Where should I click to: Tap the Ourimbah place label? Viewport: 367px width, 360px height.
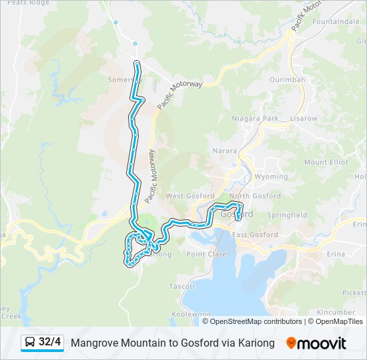288,79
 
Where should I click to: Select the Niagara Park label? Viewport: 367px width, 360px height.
254,118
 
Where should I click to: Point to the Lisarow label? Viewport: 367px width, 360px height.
304,118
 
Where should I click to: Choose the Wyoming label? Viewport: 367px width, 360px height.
272,177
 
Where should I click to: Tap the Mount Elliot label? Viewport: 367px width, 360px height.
326,162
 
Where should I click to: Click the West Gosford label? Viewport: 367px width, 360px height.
190,196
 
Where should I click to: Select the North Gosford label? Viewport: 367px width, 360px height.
255,196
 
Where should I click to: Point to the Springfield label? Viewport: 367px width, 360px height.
287,215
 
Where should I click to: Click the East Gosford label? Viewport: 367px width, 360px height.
255,235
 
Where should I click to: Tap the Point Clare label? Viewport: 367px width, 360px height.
206,254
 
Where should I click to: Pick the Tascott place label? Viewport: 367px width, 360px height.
182,286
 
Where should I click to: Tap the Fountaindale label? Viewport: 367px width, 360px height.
335,22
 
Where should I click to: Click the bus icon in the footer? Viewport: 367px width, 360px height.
30,343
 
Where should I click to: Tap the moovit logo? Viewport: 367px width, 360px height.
316,343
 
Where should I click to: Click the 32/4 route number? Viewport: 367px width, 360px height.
50,343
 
